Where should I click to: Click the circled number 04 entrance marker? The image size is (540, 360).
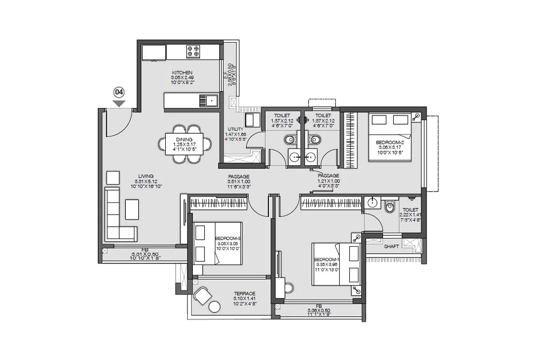click(119, 92)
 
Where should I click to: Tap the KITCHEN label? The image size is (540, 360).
click(182, 73)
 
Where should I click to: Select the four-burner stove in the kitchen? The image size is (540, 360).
click(193, 52)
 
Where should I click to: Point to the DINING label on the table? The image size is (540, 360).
click(180, 139)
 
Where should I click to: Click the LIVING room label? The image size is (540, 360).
click(146, 176)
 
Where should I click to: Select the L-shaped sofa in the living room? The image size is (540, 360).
click(116, 216)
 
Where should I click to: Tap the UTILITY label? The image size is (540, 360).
click(235, 128)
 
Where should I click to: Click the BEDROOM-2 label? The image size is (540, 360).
click(389, 142)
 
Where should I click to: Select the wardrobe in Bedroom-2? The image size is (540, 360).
click(351, 140)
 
